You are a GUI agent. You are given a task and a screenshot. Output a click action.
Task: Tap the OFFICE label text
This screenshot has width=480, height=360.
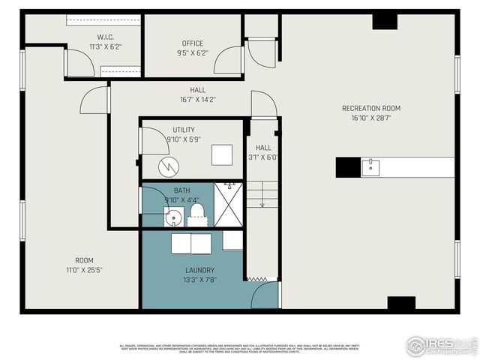(x=193, y=43)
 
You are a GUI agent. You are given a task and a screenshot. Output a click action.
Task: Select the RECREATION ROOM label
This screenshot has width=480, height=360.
(x=371, y=108)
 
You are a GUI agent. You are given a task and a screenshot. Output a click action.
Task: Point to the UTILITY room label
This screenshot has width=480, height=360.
(x=183, y=130)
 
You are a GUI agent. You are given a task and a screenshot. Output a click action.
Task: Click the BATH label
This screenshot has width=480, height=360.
(x=182, y=190)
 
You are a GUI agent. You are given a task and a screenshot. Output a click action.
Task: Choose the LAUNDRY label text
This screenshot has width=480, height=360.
(x=200, y=270)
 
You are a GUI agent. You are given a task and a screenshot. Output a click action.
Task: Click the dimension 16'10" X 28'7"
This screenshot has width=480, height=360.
(x=371, y=118)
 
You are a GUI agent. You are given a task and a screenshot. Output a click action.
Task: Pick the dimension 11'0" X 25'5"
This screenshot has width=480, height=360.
(x=84, y=270)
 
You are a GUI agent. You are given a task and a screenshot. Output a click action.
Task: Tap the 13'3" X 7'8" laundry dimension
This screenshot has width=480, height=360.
(x=200, y=280)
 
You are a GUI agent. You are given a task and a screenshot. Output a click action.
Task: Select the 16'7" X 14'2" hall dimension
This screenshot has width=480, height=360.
(x=198, y=99)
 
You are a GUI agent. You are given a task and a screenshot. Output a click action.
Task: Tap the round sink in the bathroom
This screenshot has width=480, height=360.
(x=173, y=218)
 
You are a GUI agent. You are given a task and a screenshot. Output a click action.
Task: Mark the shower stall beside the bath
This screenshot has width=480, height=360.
(x=229, y=204)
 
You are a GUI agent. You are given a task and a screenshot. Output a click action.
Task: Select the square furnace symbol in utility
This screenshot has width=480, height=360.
(x=222, y=154)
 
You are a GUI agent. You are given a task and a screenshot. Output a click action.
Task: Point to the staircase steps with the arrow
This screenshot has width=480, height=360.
(x=262, y=194)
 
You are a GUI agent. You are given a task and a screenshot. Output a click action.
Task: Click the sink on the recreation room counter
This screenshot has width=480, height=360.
(x=370, y=166)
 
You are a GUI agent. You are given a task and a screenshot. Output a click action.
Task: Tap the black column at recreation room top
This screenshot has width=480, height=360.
(x=385, y=20)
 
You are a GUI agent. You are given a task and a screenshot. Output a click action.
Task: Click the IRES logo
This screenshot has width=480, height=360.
(x=439, y=346)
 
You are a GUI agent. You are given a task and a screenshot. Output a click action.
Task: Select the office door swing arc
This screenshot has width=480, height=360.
(x=227, y=60)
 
